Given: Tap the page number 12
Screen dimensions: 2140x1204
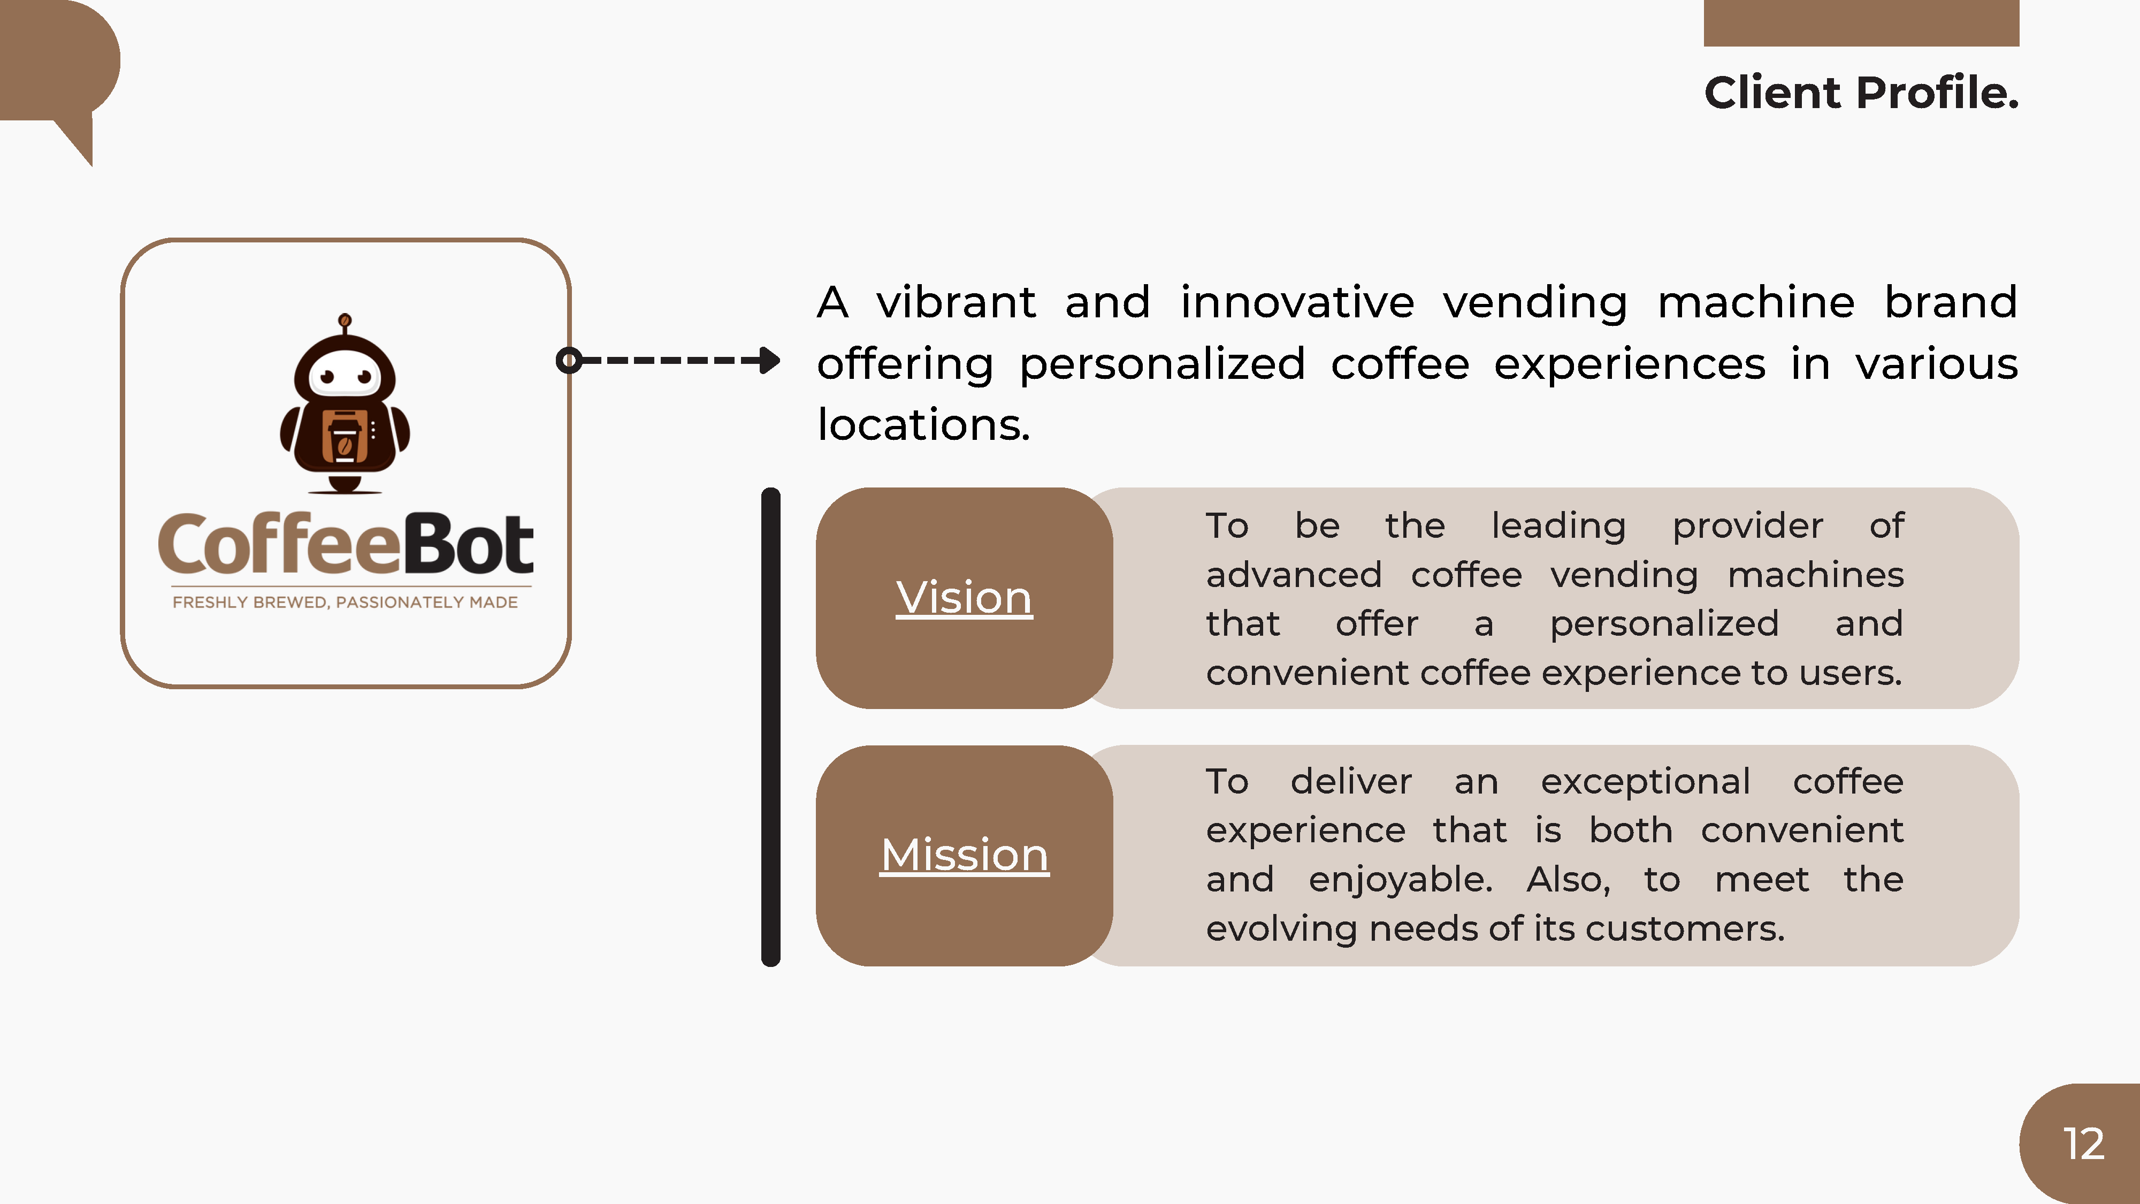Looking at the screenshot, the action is [2083, 1144].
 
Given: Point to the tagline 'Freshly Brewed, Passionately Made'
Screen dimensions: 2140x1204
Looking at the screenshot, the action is [345, 603].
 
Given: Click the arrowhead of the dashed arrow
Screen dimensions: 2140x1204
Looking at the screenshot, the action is [770, 361].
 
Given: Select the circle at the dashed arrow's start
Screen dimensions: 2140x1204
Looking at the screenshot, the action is [568, 361].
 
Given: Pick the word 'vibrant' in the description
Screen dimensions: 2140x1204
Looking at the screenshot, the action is [956, 302].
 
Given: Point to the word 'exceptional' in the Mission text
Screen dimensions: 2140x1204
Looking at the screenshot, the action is [1646, 782].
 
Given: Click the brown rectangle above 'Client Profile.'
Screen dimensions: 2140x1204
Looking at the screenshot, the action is [1861, 23].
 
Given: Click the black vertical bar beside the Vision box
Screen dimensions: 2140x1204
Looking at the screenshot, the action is [771, 727].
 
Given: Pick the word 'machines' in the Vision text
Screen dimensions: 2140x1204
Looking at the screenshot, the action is [1815, 575].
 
